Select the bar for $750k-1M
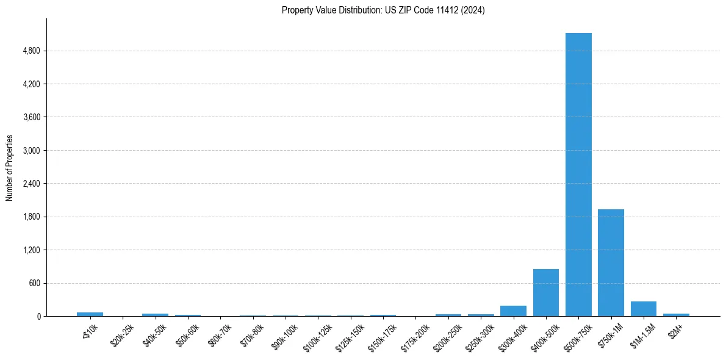coord(611,262)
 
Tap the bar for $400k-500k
coord(546,293)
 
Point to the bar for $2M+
coord(676,315)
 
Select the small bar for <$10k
coord(90,314)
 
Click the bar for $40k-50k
coord(155,315)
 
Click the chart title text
coord(383,10)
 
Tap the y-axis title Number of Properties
coord(10,167)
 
